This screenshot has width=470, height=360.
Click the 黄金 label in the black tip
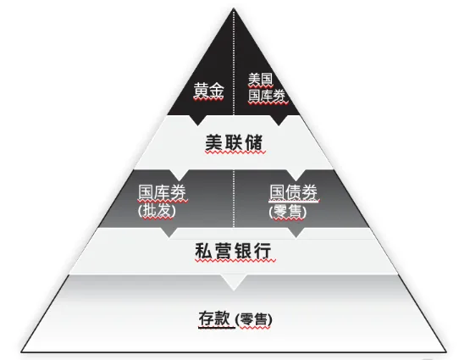[x=208, y=91]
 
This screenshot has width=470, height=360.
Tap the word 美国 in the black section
[x=261, y=79]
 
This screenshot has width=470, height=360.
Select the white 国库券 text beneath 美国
[x=267, y=96]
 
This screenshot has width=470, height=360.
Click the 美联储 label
[x=234, y=142]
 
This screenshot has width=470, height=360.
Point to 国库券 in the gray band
[x=162, y=192]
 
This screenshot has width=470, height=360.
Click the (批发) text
[x=157, y=210]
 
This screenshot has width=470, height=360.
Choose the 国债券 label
[x=294, y=192]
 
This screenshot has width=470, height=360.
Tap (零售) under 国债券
[x=288, y=212]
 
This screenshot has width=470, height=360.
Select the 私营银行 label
[x=234, y=251]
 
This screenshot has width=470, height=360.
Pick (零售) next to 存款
[x=254, y=319]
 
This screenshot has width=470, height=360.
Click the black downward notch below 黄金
[x=197, y=119]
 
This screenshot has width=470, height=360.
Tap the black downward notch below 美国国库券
[x=279, y=119]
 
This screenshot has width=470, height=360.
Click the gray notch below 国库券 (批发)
[x=169, y=233]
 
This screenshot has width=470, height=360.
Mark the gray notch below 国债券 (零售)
[x=296, y=233]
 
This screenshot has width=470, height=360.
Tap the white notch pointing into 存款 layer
[x=234, y=282]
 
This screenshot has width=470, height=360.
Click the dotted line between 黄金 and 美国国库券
[x=234, y=62]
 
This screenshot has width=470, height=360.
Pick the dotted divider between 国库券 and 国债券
[x=234, y=198]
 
